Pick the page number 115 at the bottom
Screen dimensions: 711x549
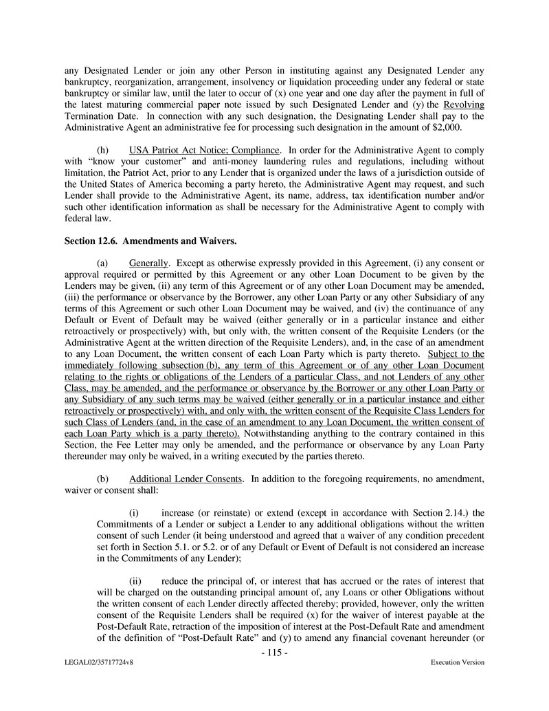pyautogui.click(x=274, y=652)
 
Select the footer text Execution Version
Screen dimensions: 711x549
pyautogui.click(x=457, y=663)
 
